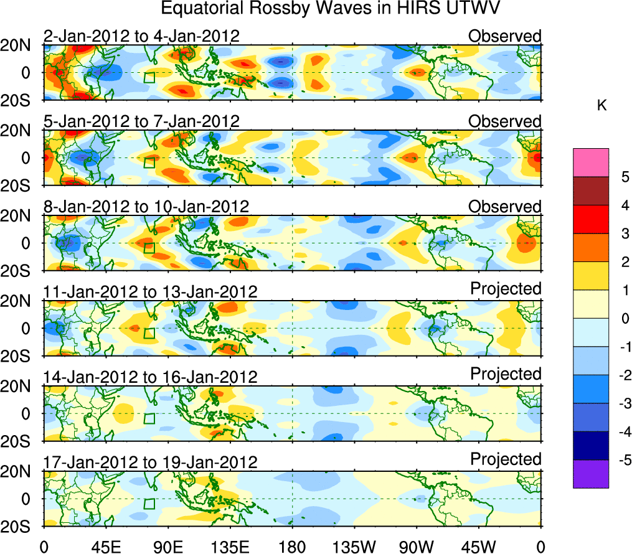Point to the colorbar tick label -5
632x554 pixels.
[623, 460]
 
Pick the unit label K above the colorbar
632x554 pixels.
[601, 106]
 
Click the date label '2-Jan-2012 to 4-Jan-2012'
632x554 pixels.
[141, 36]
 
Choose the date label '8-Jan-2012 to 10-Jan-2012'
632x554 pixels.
[146, 206]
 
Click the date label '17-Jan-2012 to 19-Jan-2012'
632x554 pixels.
[150, 462]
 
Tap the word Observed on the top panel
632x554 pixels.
[505, 36]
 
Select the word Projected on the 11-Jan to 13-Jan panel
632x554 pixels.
[506, 289]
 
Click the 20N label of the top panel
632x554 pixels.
[20, 45]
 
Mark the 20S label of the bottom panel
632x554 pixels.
[20, 526]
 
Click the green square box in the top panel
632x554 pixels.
[149, 77]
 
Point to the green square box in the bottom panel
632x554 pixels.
[149, 504]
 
